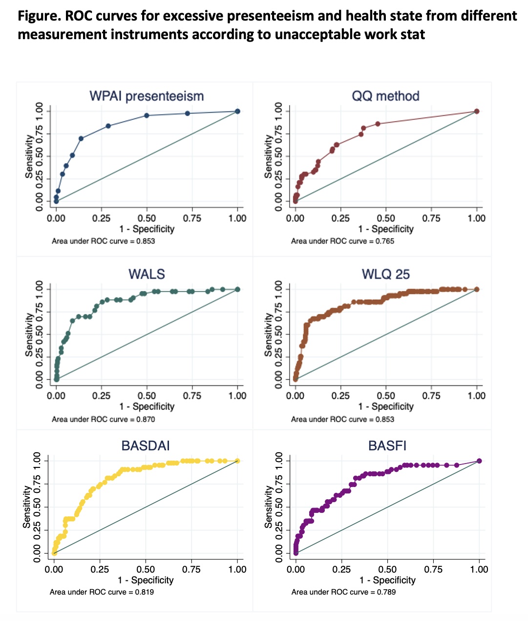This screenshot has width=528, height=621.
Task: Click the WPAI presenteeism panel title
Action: click(x=147, y=96)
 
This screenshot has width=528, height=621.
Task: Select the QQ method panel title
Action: click(x=385, y=96)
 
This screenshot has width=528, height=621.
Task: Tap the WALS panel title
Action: click(x=147, y=274)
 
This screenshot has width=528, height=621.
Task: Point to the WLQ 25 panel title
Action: click(x=385, y=274)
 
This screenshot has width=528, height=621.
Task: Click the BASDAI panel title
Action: click(x=146, y=445)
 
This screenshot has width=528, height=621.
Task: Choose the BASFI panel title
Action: click(x=387, y=445)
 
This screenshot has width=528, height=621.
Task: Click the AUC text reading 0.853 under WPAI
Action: click(x=103, y=241)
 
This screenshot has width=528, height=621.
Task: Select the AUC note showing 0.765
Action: click(x=342, y=241)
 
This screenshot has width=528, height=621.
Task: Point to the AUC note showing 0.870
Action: click(x=103, y=419)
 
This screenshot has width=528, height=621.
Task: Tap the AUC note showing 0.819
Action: click(x=102, y=592)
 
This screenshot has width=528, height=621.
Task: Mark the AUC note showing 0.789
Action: click(x=343, y=592)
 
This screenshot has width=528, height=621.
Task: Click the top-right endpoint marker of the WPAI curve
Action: click(x=237, y=111)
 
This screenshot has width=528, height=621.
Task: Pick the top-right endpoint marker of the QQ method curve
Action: click(x=477, y=111)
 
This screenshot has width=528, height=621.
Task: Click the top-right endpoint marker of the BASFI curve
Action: click(x=479, y=461)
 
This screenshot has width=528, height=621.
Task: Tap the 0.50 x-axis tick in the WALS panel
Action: click(x=147, y=396)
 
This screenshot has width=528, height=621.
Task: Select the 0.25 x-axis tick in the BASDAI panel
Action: click(x=100, y=569)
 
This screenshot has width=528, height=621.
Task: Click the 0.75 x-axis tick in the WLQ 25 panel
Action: click(x=431, y=396)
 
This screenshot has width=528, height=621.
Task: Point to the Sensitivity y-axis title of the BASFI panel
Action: click(x=268, y=507)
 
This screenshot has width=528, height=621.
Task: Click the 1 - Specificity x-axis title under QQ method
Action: click(x=385, y=229)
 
